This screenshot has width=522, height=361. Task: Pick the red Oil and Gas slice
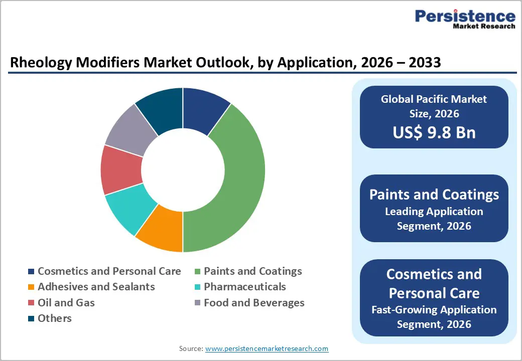[120, 169]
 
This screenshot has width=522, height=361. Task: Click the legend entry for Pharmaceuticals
[244, 287]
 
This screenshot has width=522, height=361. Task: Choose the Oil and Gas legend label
[66, 302]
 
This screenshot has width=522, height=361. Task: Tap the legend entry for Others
[54, 318]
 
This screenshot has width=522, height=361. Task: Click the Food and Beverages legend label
[254, 302]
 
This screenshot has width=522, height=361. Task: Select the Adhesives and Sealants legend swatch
[31, 287]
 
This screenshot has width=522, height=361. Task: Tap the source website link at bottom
[267, 348]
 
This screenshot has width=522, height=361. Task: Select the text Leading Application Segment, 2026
[434, 219]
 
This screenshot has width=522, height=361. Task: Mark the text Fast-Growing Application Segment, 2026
[434, 317]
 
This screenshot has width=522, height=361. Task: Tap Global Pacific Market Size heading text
[434, 106]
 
